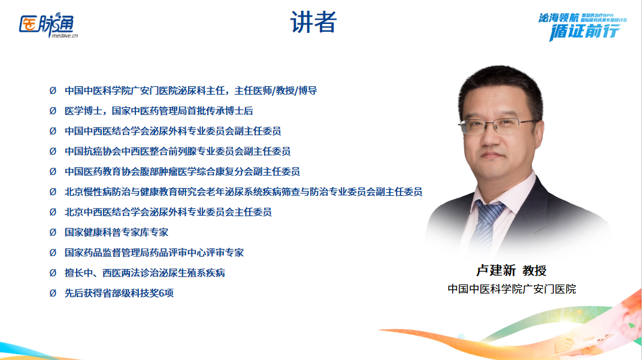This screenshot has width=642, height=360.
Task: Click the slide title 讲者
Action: coord(314,22)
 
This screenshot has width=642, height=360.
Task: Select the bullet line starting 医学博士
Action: coord(159,111)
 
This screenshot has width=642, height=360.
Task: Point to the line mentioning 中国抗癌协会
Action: coord(178,152)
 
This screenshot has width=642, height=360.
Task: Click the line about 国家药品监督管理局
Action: coord(154,253)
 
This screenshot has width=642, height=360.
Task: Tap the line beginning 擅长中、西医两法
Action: coord(145,273)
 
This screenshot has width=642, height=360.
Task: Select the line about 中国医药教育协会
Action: coord(183,172)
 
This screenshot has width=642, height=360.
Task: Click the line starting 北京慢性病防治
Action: coord(243,192)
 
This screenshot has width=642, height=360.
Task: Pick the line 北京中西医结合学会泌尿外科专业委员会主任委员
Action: coord(168,212)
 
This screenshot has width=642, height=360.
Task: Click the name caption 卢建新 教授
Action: coord(511,271)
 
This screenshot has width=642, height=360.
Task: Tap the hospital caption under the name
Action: coord(511,289)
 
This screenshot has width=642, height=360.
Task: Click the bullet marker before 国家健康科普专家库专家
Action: coord(53,232)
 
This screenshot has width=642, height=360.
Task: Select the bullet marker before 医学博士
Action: coord(53,111)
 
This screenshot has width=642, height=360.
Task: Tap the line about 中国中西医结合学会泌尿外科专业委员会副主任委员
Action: coord(173,131)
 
